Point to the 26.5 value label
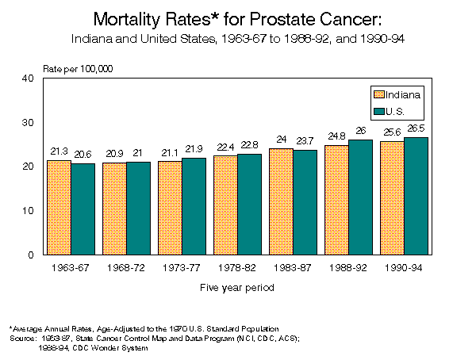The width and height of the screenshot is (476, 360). tap(416, 129)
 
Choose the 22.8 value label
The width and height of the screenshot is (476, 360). tap(249, 146)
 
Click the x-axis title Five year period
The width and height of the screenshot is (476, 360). tap(237, 288)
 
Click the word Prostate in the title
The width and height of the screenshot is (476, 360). tap(272, 18)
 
